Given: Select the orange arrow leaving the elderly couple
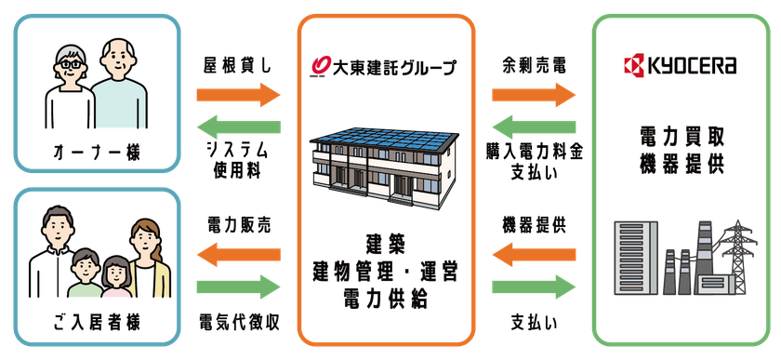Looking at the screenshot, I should [x=238, y=94].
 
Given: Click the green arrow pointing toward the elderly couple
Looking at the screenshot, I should [x=238, y=128].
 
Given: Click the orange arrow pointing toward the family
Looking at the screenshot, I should [x=238, y=251].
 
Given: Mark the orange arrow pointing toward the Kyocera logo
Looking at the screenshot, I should [x=534, y=94].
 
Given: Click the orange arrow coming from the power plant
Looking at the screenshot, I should [x=534, y=251].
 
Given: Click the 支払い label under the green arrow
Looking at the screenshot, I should [x=532, y=322].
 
